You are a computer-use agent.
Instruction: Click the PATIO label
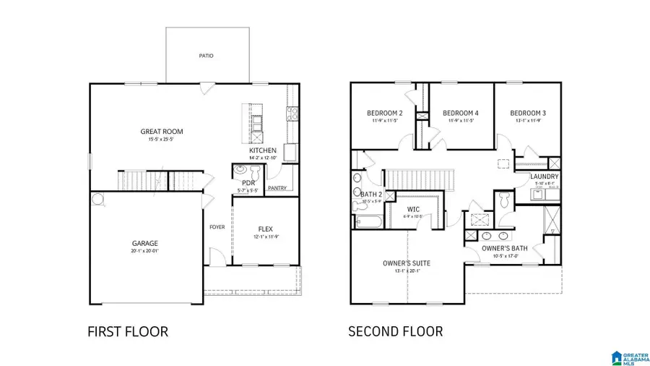206,56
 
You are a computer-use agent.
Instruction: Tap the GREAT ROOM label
161,132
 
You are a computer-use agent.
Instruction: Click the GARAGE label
144,243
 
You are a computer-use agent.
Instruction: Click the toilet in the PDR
244,171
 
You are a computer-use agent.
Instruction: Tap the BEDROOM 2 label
385,113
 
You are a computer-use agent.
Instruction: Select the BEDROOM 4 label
460,113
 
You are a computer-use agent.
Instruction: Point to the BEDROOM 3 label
527,113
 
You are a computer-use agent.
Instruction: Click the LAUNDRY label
542,176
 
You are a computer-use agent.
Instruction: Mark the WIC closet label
414,209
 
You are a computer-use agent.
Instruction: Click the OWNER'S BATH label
504,249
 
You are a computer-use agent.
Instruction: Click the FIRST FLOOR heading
127,332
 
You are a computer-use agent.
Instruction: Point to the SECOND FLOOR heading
395,332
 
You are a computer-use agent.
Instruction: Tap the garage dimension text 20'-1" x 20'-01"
144,252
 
